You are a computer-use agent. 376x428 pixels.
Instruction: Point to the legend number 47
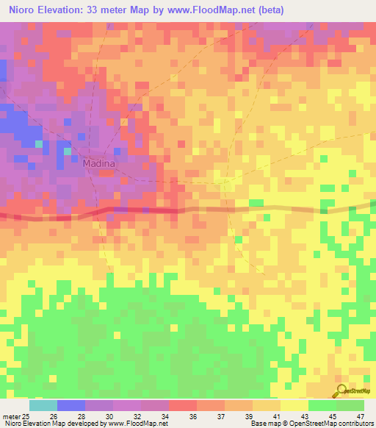pyautogui.click(x=360, y=416)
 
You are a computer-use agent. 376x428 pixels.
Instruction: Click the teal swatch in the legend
pyautogui.click(x=43, y=405)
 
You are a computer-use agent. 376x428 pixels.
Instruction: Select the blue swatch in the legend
pyautogui.click(x=71, y=405)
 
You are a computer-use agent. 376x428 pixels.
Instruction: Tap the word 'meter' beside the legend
pyautogui.click(x=7, y=416)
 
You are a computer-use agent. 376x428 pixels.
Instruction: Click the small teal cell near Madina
pyautogui.click(x=68, y=151)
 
